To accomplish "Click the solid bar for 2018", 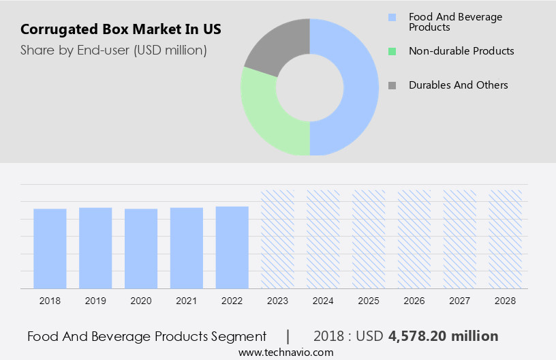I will point(50,248).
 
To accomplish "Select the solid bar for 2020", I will point(141,248).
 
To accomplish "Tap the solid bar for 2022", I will point(232,247).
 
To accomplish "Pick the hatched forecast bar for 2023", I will point(278,239).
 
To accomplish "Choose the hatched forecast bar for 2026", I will point(414,239).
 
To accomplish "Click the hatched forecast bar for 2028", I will point(506,239).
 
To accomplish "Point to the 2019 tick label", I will point(95,301).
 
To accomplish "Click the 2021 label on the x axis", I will point(187,301).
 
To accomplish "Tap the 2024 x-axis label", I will point(323,301).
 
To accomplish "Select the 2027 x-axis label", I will point(460,301).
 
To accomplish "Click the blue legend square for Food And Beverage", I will point(392,17).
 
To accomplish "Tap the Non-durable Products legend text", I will point(461,51).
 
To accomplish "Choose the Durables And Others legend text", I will point(458,85).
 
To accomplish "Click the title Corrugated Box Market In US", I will point(121,30).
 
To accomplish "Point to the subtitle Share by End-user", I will point(114,50).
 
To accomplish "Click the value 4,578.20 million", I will point(443,336).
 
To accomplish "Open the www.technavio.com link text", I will point(285,352).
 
